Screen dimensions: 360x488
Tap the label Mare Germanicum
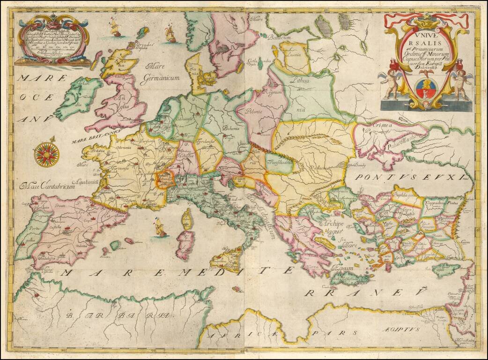point(162,73)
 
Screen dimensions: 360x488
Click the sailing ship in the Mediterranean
point(160,227)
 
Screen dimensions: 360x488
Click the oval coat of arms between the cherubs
point(425,87)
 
